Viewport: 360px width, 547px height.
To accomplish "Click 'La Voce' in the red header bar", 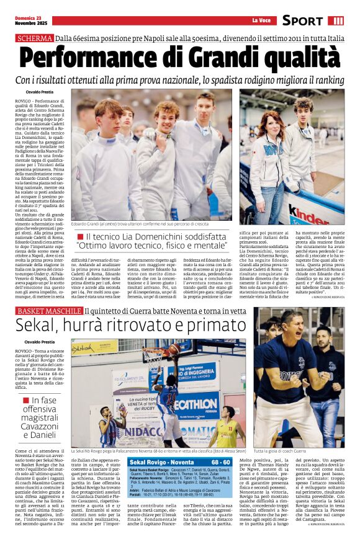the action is (x=260, y=20).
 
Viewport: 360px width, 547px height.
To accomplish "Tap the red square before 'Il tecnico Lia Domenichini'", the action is (x=80, y=237).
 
